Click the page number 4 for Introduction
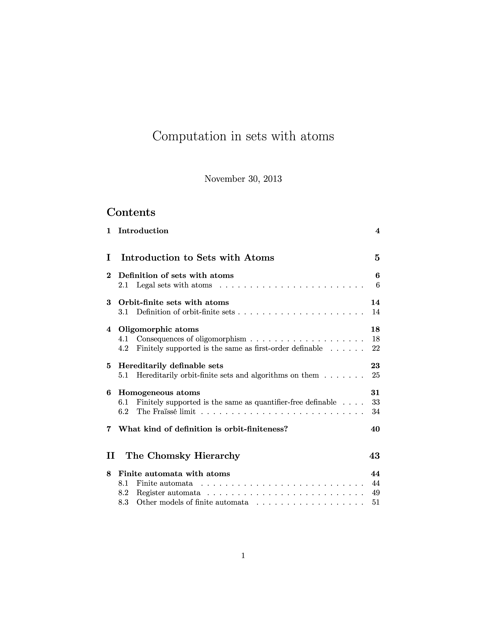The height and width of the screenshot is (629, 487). click(x=377, y=231)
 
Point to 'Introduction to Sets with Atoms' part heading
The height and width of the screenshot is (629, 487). click(x=197, y=258)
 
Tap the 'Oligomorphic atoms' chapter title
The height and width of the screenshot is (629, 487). click(x=158, y=329)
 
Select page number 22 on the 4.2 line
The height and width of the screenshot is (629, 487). click(x=376, y=349)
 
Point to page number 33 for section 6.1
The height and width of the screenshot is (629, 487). click(x=376, y=402)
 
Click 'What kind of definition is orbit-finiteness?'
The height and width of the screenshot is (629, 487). click(x=203, y=429)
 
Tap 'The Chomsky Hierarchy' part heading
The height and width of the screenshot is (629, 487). click(x=183, y=456)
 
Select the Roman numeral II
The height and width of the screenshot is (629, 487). click(x=110, y=456)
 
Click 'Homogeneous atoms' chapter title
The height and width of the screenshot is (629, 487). click(x=159, y=393)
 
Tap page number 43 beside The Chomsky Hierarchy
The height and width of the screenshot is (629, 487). click(x=374, y=456)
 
